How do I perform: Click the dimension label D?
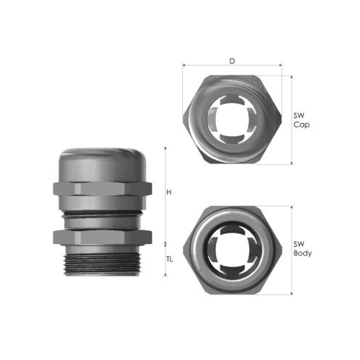[232, 61]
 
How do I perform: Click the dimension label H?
[169, 192]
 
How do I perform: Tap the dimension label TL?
[169, 259]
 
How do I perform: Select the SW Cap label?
[302, 120]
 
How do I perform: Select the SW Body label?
[302, 248]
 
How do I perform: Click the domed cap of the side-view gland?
[102, 165]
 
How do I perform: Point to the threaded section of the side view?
[102, 264]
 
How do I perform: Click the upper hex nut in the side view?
[102, 189]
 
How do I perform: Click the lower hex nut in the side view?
[102, 237]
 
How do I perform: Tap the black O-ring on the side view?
[102, 212]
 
